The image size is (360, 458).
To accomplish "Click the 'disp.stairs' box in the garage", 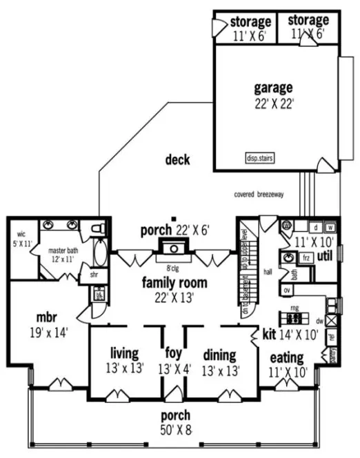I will click(259, 157).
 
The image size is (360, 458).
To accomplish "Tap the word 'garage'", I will click(273, 88).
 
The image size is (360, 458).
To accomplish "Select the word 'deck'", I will click(177, 160).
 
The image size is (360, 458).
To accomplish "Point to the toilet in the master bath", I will click(97, 226).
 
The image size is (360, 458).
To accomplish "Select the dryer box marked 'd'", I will click(315, 228).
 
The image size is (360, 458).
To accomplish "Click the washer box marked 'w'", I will click(330, 228).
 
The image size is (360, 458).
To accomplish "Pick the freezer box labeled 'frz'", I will click(306, 257).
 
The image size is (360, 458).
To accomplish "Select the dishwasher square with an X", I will click(331, 320).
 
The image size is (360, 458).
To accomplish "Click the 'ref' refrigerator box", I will click(332, 339).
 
